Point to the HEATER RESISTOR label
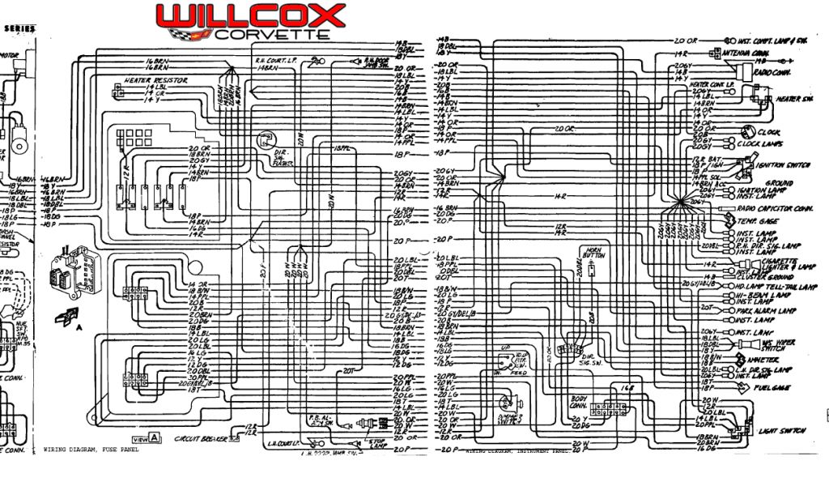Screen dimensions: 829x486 pos(156,81)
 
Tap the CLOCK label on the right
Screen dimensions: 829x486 pos(768,132)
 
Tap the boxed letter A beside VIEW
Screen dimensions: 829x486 pos(154,438)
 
